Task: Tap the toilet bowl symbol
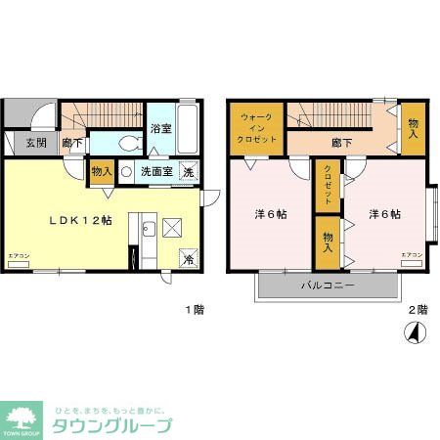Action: (x=128, y=142)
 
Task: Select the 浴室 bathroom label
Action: (x=161, y=127)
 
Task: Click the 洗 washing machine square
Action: (x=190, y=172)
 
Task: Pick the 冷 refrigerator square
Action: (x=189, y=259)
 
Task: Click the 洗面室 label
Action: (x=156, y=172)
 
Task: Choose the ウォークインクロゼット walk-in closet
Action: (x=258, y=128)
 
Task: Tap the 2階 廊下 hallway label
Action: (x=341, y=143)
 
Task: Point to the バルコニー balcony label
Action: (x=329, y=286)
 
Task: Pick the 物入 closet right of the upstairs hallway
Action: (x=413, y=128)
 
